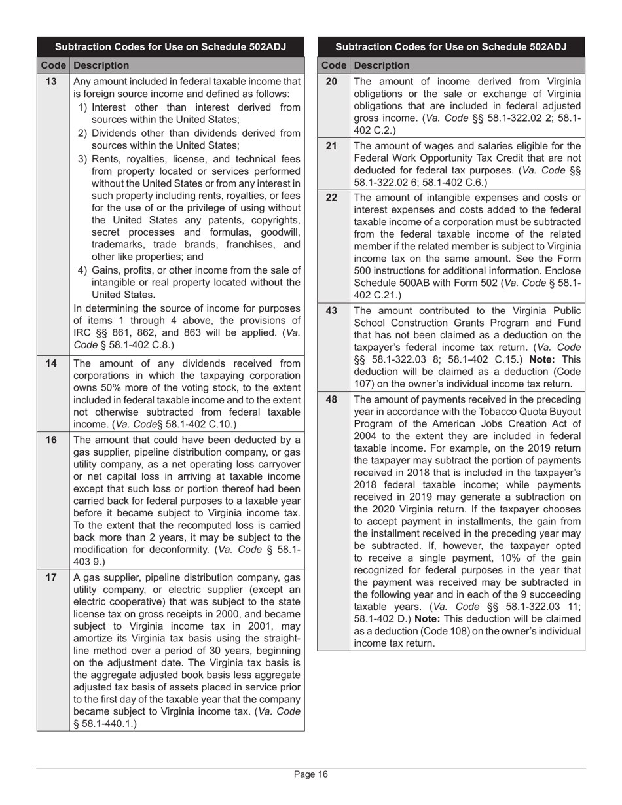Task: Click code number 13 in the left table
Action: tap(51, 82)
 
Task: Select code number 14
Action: tap(51, 363)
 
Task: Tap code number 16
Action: tap(51, 440)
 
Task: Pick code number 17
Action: tap(51, 577)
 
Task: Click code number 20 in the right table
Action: tap(331, 82)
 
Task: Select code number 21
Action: tap(331, 146)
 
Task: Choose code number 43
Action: tap(331, 311)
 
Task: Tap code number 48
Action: tap(331, 399)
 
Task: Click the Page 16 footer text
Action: tap(310, 775)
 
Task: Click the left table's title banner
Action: tap(170, 47)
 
